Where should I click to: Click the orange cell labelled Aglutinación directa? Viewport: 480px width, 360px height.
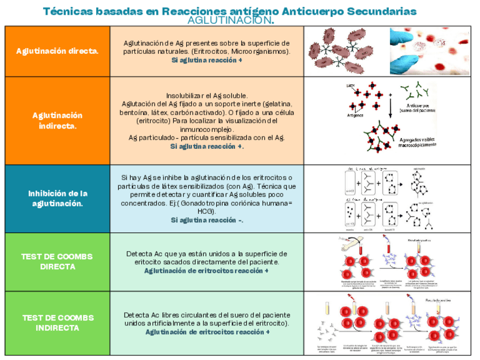pos(57,51)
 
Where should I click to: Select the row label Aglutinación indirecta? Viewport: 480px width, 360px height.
pos(57,121)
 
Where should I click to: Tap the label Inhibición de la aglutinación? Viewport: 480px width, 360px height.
pos(57,198)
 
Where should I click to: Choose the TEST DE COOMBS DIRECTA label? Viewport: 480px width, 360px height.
pos(57,261)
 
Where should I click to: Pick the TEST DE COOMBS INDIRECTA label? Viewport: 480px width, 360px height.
pos(57,323)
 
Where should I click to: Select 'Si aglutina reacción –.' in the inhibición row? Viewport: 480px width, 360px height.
pos(207,220)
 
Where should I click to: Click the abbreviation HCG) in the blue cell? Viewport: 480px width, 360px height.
pos(207,211)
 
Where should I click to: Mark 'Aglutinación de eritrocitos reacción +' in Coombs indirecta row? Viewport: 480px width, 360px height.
pos(207,332)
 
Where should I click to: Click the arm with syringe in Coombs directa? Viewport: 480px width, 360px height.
pos(350,243)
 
